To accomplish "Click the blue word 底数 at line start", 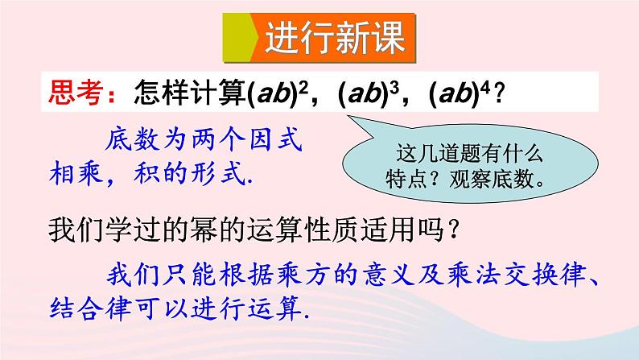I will tap(128, 139).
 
